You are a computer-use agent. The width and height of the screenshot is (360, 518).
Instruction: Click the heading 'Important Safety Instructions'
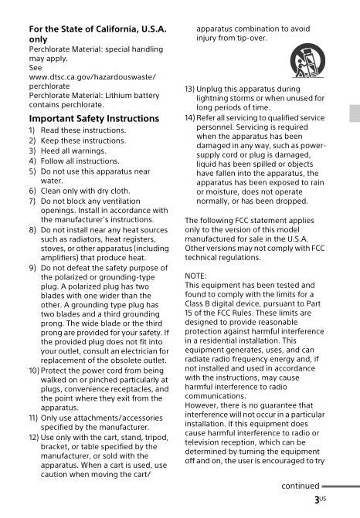(x=93, y=119)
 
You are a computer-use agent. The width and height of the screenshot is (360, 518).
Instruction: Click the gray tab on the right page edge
(x=355, y=114)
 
